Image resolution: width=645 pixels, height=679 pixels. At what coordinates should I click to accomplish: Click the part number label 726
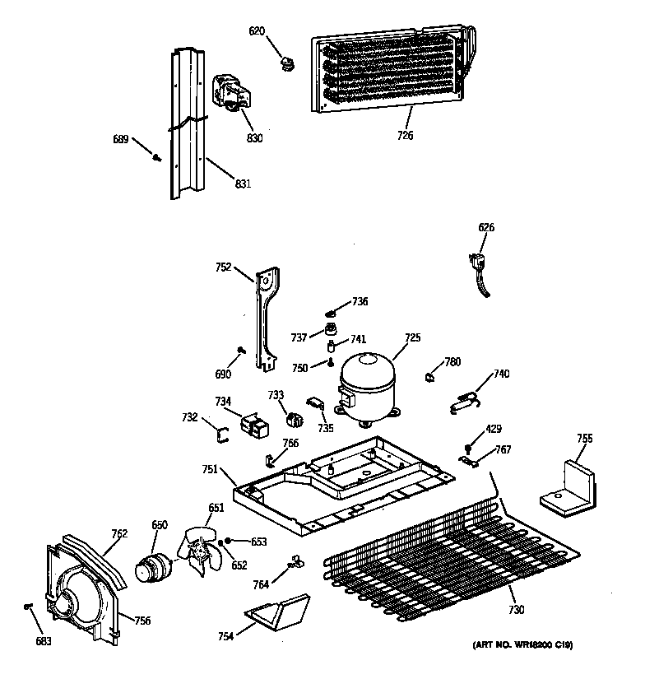point(405,136)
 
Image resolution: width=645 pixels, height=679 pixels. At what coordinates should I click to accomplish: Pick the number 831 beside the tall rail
point(242,184)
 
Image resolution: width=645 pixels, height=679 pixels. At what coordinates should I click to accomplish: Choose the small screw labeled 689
point(157,156)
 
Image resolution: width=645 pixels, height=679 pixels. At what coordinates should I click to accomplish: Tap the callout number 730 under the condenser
point(516,609)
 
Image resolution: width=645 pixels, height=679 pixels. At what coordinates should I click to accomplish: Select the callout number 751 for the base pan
point(210,469)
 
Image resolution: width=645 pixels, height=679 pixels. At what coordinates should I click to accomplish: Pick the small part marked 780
point(429,377)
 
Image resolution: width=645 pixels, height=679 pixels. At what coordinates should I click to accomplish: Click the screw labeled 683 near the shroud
point(29,607)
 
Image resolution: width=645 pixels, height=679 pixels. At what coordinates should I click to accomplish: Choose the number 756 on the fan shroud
point(142,621)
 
